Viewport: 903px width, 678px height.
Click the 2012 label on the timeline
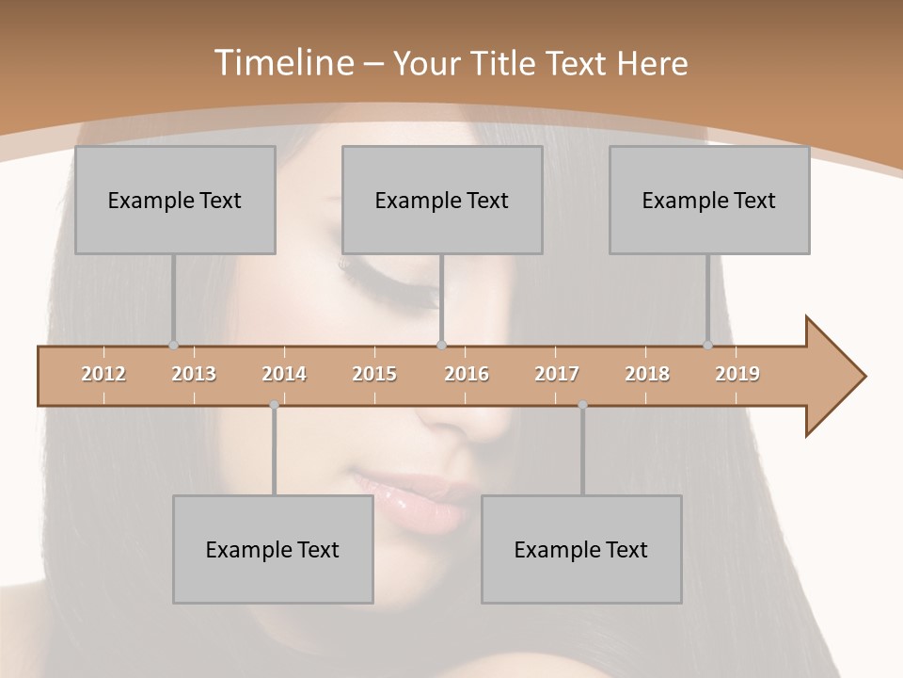pos(103,374)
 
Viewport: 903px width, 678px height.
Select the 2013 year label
pos(194,374)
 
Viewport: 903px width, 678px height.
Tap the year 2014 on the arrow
pos(284,374)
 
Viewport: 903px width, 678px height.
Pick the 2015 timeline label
pos(374,374)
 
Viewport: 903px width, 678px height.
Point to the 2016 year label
pos(467,374)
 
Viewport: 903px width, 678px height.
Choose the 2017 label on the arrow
pos(557,374)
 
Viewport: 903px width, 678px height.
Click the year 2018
pos(647,374)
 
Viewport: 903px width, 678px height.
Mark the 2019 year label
pos(737,374)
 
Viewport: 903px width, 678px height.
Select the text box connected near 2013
pos(175,200)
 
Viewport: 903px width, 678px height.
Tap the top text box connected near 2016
pos(442,200)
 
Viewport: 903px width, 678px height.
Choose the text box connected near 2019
pos(709,200)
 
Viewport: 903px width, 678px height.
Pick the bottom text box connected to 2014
pos(273,549)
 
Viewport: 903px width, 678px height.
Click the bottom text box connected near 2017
pos(581,549)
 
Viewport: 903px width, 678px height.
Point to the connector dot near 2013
pos(173,345)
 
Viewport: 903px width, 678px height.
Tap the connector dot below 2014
pos(274,405)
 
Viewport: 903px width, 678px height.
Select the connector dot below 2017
pos(582,405)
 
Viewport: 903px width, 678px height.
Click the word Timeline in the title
pos(282,63)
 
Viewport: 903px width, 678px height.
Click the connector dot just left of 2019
pos(707,345)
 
